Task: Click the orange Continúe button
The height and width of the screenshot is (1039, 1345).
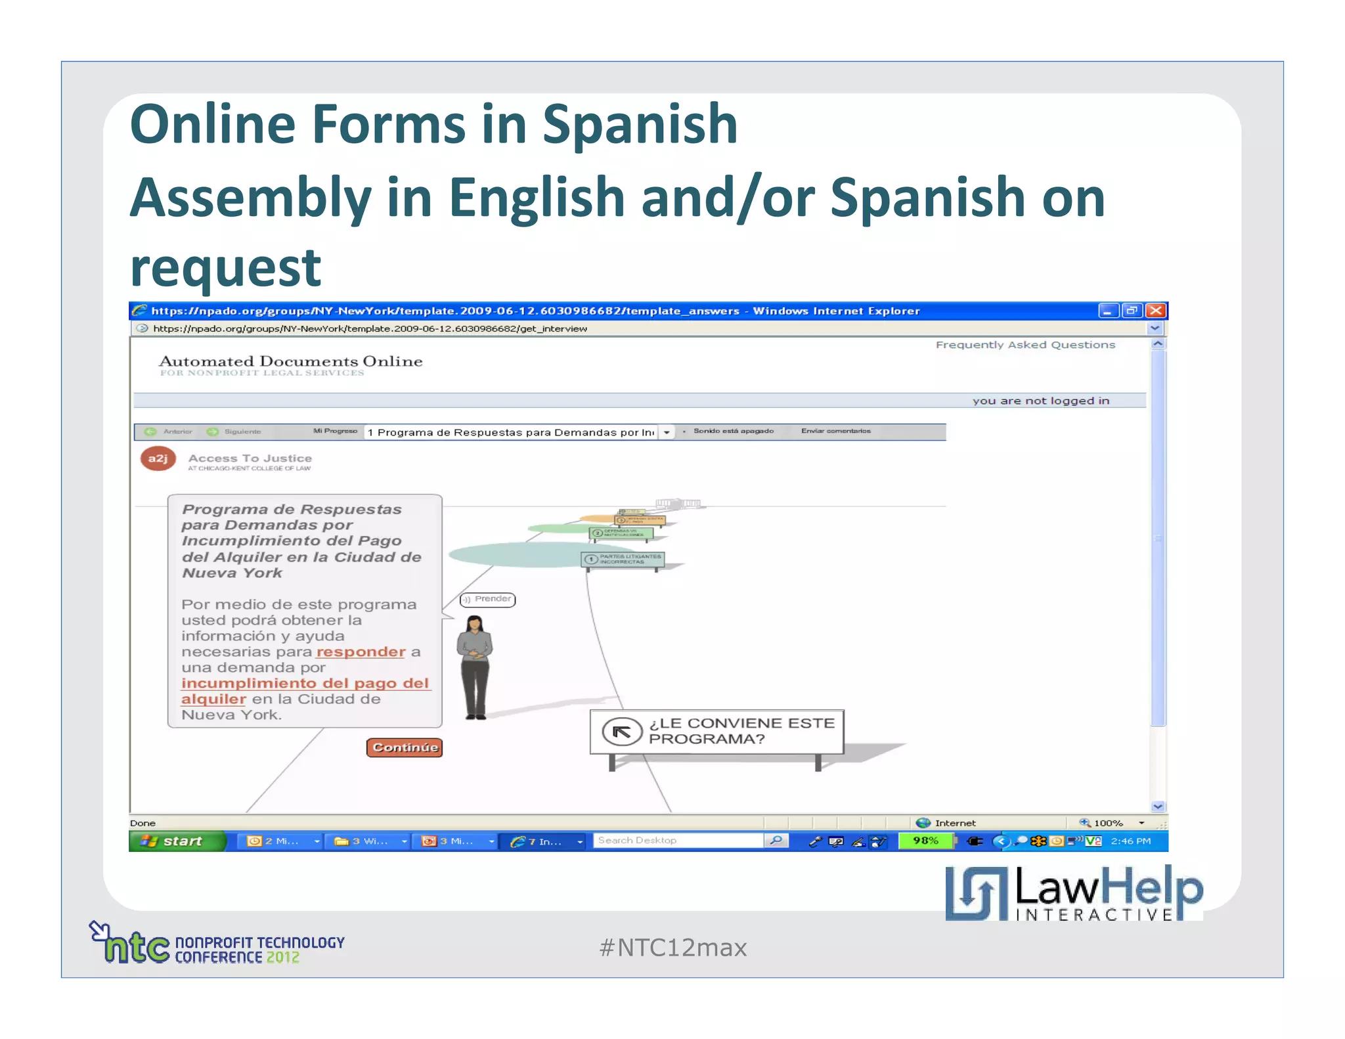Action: coord(405,747)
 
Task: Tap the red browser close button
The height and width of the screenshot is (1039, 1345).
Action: coord(1155,311)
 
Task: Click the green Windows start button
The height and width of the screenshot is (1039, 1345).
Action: coord(176,841)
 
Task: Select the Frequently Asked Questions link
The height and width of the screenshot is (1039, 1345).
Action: coord(1025,345)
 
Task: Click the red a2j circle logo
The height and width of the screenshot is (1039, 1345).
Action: coord(158,458)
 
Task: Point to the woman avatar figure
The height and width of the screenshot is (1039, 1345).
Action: coord(475,667)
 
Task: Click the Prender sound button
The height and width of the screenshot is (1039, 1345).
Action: coord(488,599)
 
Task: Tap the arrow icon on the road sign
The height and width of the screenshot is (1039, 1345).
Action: coord(621,731)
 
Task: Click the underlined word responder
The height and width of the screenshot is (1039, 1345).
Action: coord(361,652)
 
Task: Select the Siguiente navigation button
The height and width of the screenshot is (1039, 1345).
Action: coord(234,431)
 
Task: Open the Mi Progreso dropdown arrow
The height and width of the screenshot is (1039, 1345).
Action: coord(667,432)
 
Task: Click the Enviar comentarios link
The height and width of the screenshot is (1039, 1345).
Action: coord(835,431)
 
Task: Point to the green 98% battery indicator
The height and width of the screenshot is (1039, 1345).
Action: coord(925,841)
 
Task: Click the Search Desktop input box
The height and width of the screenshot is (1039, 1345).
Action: coord(678,841)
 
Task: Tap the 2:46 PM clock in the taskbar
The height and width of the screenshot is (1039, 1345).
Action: coord(1130,841)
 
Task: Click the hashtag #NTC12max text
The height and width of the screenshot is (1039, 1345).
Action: coord(672,948)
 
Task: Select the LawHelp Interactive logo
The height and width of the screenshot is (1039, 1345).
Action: coord(1074,893)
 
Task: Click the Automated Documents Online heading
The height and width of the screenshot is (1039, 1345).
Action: coord(290,361)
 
